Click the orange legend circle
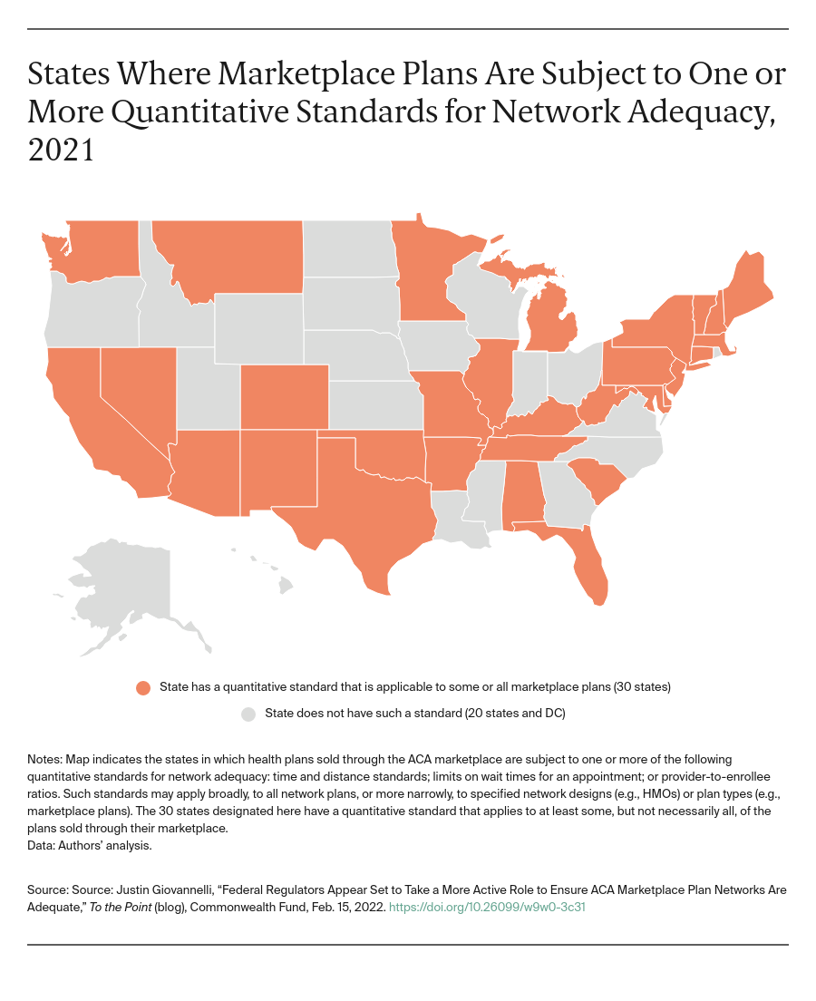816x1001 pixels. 143,687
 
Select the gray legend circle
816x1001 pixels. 248,714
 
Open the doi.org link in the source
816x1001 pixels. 487,906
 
